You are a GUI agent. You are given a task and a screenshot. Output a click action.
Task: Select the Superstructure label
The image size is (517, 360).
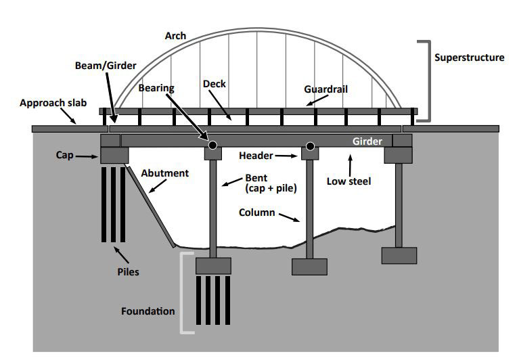pos(469,58)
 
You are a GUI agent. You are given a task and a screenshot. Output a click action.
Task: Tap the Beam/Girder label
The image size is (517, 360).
pos(105,66)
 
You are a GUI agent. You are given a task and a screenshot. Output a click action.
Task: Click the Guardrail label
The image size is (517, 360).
pos(327,89)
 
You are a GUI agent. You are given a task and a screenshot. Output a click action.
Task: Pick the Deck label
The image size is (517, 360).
pos(214,85)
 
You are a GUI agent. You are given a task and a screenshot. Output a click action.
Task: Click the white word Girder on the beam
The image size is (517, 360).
pos(367,142)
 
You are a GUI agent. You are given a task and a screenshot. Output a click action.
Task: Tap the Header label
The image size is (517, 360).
pos(256,156)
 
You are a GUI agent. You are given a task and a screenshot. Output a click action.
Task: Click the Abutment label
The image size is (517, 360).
pos(164,173)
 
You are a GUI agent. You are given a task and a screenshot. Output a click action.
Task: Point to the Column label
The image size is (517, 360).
pos(256,212)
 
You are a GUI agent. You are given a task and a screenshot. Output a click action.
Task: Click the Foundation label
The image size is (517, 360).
pos(148,311)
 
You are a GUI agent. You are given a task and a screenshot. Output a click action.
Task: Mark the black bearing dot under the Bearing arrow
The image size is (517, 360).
pos(212,145)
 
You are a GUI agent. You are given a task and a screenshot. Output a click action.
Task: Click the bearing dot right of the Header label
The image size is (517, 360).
pos(310,145)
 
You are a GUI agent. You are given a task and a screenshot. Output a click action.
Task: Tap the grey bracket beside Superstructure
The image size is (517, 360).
pos(427,81)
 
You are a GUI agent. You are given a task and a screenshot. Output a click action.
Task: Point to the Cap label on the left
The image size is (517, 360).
pos(65,155)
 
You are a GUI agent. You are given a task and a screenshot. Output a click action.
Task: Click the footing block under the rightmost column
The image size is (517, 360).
pos(399,255)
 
